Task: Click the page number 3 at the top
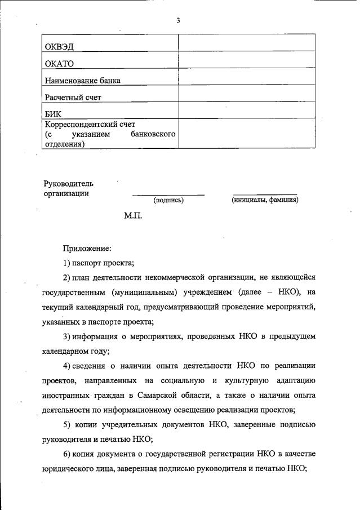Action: pos(178,21)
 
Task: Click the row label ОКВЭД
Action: pos(60,46)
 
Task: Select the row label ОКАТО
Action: pos(60,63)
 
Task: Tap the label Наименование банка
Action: pos(82,81)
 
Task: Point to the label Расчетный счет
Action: pos(73,97)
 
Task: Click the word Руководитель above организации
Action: pos(69,183)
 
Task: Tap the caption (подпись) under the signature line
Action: pos(168,200)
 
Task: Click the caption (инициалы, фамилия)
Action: pos(265,200)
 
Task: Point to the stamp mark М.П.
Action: pos(134,216)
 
